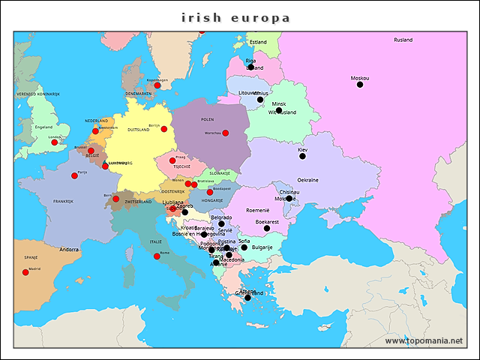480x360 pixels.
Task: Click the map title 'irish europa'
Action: tap(235, 17)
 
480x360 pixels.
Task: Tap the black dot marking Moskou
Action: tap(360, 85)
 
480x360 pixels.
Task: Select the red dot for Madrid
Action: tap(25, 272)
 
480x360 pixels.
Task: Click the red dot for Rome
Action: tap(157, 256)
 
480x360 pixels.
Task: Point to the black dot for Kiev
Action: tap(303, 156)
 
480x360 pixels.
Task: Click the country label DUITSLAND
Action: tap(139, 130)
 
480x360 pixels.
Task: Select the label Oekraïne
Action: tap(307, 180)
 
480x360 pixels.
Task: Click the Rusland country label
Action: tap(403, 40)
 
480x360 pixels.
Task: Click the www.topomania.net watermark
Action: tap(424, 340)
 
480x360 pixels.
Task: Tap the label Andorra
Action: tap(69, 249)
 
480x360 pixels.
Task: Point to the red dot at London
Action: tap(54, 142)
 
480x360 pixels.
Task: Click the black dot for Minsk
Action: tap(278, 110)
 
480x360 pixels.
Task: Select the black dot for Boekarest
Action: tap(266, 228)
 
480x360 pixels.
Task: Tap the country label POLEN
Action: tap(207, 118)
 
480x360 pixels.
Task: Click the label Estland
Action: tap(258, 42)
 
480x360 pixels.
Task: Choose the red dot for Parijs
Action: tap(74, 175)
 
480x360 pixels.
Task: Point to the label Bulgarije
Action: tap(262, 247)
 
